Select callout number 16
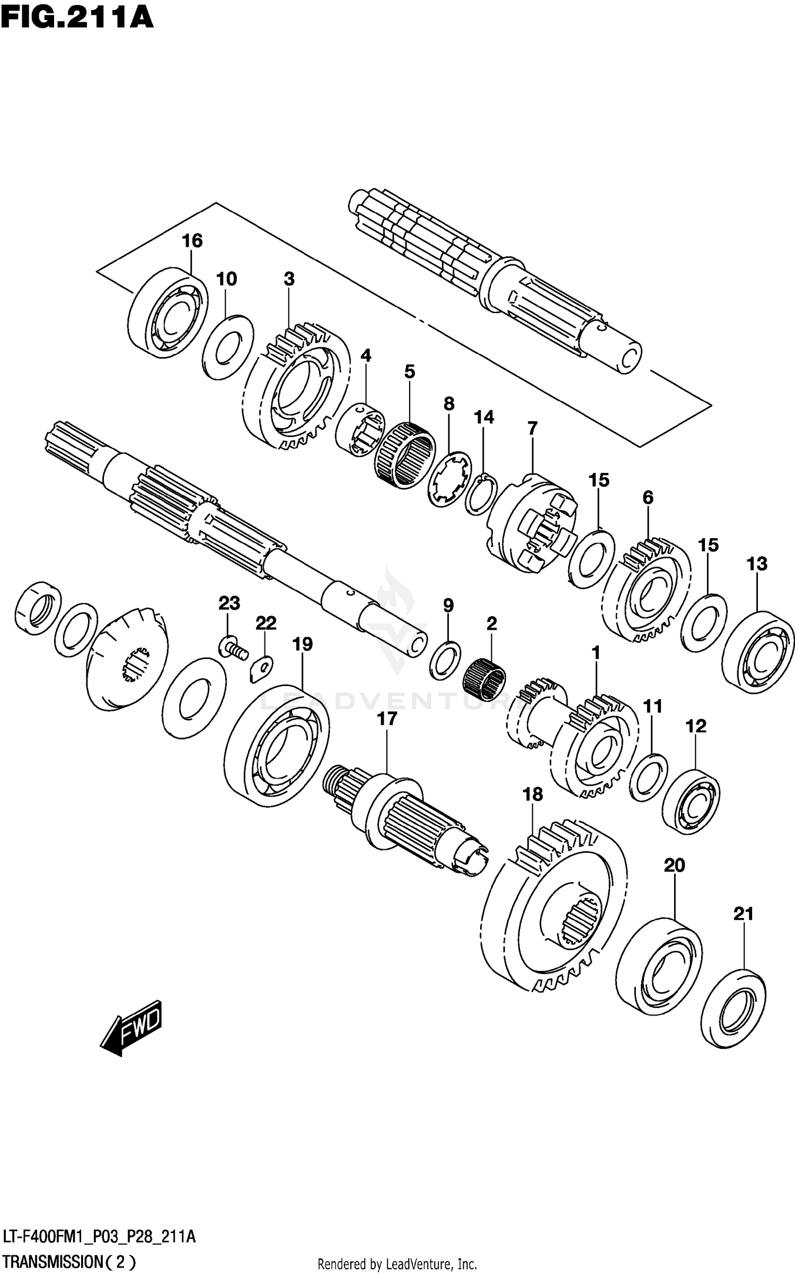pos(192,240)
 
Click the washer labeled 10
pos(228,347)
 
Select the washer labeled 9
pos(445,660)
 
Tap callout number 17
pos(387,719)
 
